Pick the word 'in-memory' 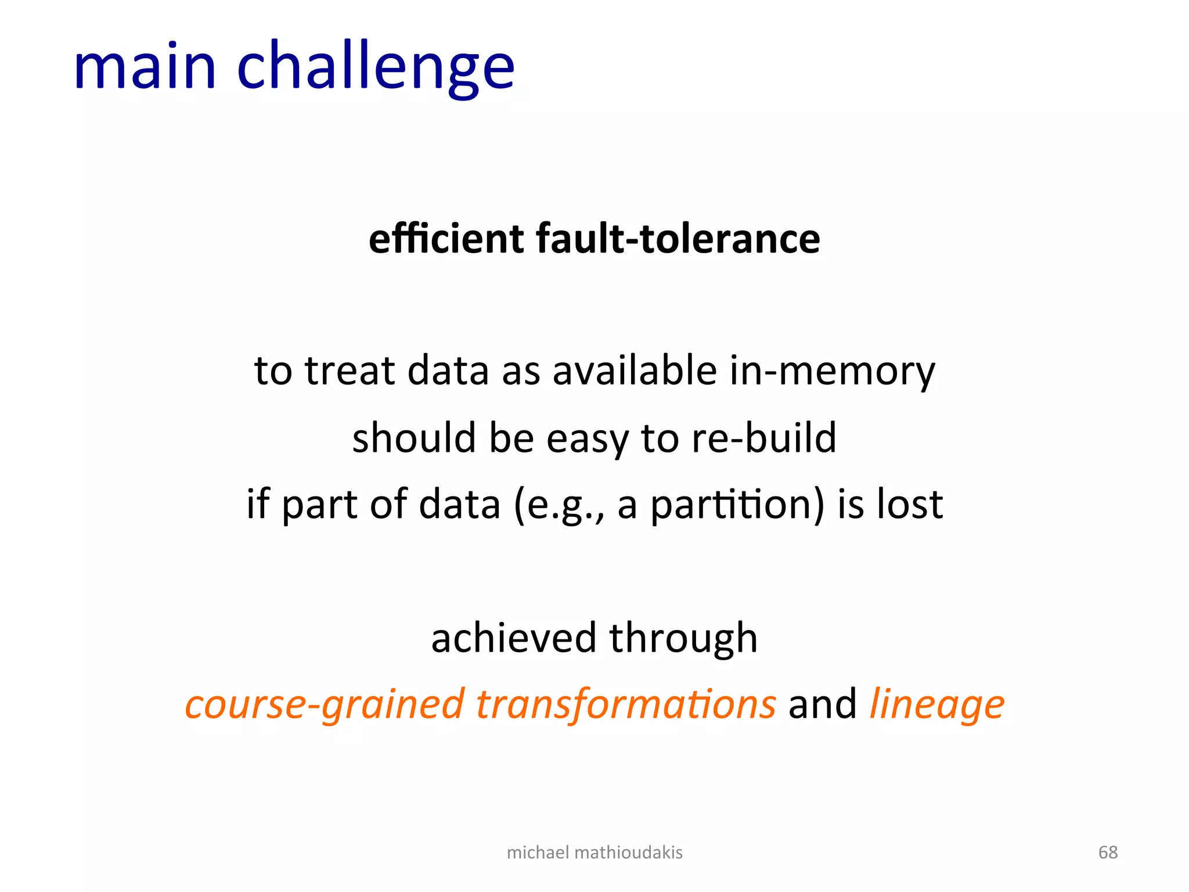click(833, 372)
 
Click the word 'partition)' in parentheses click(737, 505)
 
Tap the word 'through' click(683, 639)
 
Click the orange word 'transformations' click(626, 704)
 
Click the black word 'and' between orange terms click(822, 704)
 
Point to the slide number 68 click(1108, 852)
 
